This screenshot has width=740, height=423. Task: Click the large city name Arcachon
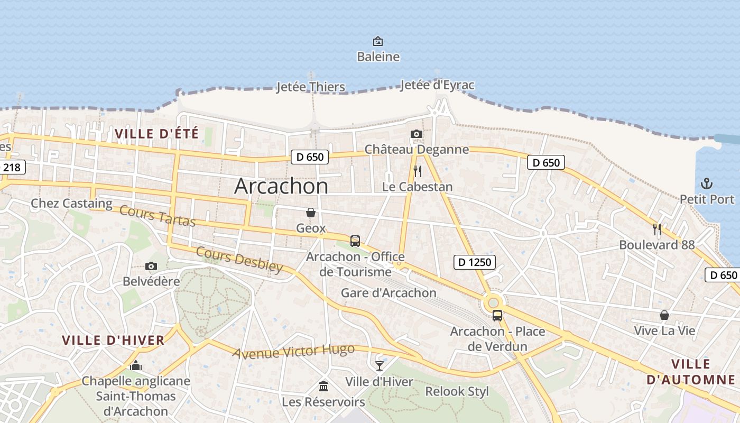pyautogui.click(x=281, y=186)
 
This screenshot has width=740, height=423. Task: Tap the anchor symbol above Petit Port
pyautogui.click(x=707, y=183)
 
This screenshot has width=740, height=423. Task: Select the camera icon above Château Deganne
pyautogui.click(x=417, y=134)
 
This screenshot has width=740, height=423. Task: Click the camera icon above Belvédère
pyautogui.click(x=151, y=266)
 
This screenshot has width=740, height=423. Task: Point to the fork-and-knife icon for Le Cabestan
pyautogui.click(x=418, y=171)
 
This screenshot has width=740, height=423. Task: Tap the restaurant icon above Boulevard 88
pyautogui.click(x=657, y=229)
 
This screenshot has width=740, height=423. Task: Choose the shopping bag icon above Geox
pyautogui.click(x=311, y=213)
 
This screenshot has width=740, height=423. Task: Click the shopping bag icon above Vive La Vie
pyautogui.click(x=664, y=315)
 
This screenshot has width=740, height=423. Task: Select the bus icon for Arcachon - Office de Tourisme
pyautogui.click(x=355, y=241)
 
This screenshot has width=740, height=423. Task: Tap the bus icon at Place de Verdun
pyautogui.click(x=497, y=316)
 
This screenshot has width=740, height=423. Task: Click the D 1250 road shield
pyautogui.click(x=474, y=262)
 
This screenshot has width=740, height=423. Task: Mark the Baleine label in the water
pyautogui.click(x=378, y=57)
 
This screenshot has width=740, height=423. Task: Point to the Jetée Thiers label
pyautogui.click(x=311, y=87)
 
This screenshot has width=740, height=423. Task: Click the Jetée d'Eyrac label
pyautogui.click(x=437, y=85)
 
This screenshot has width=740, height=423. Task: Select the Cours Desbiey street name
pyautogui.click(x=239, y=259)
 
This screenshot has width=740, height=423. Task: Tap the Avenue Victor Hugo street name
pyautogui.click(x=293, y=351)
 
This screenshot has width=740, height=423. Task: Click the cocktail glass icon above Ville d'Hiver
pyautogui.click(x=379, y=365)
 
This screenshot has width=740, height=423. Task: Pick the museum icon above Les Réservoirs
pyautogui.click(x=323, y=387)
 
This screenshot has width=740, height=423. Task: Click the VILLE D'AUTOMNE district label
pyautogui.click(x=691, y=372)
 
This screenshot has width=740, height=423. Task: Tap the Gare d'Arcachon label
pyautogui.click(x=388, y=292)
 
